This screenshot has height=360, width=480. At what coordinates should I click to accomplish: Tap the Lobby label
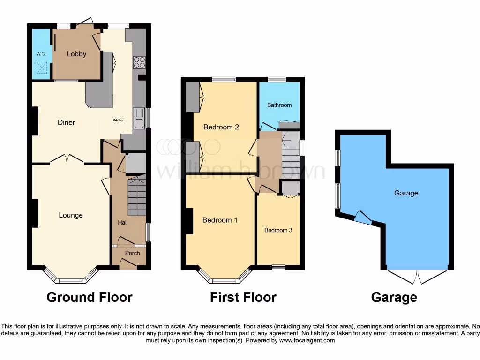(76, 54)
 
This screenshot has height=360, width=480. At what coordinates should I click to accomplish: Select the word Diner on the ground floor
(66, 122)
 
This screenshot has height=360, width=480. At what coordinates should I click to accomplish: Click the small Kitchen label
(119, 120)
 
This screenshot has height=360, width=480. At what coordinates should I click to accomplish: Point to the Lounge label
(71, 215)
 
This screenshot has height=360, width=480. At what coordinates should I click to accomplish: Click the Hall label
(123, 222)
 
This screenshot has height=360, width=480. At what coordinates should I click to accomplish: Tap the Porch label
(132, 253)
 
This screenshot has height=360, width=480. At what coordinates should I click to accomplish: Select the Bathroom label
(279, 105)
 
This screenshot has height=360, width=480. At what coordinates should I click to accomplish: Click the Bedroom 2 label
(221, 127)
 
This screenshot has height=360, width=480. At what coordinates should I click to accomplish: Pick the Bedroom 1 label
(220, 220)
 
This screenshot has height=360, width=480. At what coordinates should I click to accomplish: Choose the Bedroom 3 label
(278, 230)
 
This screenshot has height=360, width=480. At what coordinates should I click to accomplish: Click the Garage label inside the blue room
(406, 193)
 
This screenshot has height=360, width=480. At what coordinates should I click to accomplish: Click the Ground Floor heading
(90, 297)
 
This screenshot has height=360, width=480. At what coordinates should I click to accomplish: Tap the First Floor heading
(243, 297)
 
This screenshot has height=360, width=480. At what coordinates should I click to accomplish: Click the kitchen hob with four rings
(139, 62)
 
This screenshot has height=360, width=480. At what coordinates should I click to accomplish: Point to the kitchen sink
(138, 118)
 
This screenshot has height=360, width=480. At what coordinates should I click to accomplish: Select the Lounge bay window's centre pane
(70, 281)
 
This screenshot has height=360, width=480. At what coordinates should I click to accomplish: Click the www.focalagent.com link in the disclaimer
(307, 340)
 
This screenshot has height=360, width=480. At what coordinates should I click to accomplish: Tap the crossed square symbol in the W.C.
(41, 69)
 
